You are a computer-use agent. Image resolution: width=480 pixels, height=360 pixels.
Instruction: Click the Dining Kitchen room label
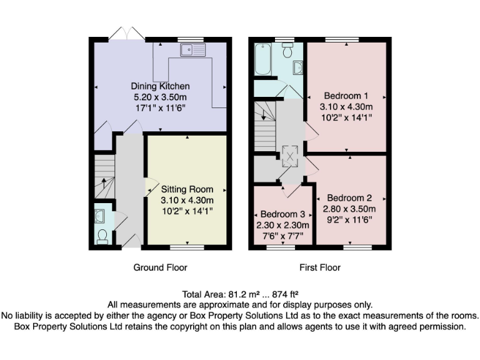(160, 86)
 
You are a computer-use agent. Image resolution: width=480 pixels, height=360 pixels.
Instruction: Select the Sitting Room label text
(187, 189)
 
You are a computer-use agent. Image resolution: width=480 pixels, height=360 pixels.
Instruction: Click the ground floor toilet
(102, 236)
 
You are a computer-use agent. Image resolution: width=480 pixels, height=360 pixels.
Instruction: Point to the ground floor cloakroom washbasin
(100, 216)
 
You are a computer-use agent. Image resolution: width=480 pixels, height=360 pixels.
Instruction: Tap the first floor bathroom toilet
(288, 51)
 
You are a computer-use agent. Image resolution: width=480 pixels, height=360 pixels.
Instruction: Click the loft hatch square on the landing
(291, 157)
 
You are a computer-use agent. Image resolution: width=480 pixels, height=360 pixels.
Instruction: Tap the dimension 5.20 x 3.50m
(160, 97)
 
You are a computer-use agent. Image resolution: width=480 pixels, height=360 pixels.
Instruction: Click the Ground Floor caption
(160, 267)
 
